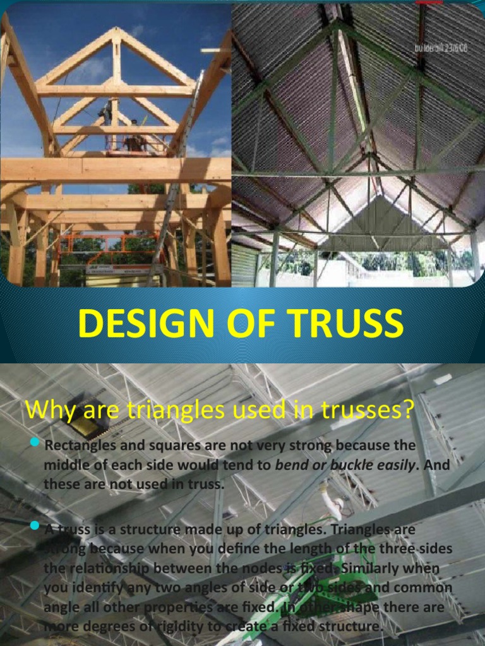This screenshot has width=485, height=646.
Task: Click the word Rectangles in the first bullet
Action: (78, 446)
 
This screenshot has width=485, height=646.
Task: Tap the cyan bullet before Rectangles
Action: (35, 444)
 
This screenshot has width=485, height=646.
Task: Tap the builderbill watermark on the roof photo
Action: (440, 49)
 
